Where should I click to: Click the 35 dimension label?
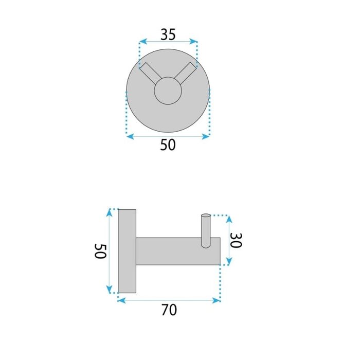pyautogui.click(x=168, y=34)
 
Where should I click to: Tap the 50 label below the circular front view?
pyautogui.click(x=168, y=145)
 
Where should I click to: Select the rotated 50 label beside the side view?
pyautogui.click(x=100, y=251)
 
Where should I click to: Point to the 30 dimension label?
pyautogui.click(x=236, y=240)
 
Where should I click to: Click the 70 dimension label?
pyautogui.click(x=169, y=310)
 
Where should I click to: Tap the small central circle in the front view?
pyautogui.click(x=168, y=91)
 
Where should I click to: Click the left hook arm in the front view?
pyautogui.click(x=150, y=73)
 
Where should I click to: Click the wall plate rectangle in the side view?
pyautogui.click(x=127, y=251)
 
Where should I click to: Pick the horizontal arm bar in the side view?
pyautogui.click(x=178, y=251)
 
